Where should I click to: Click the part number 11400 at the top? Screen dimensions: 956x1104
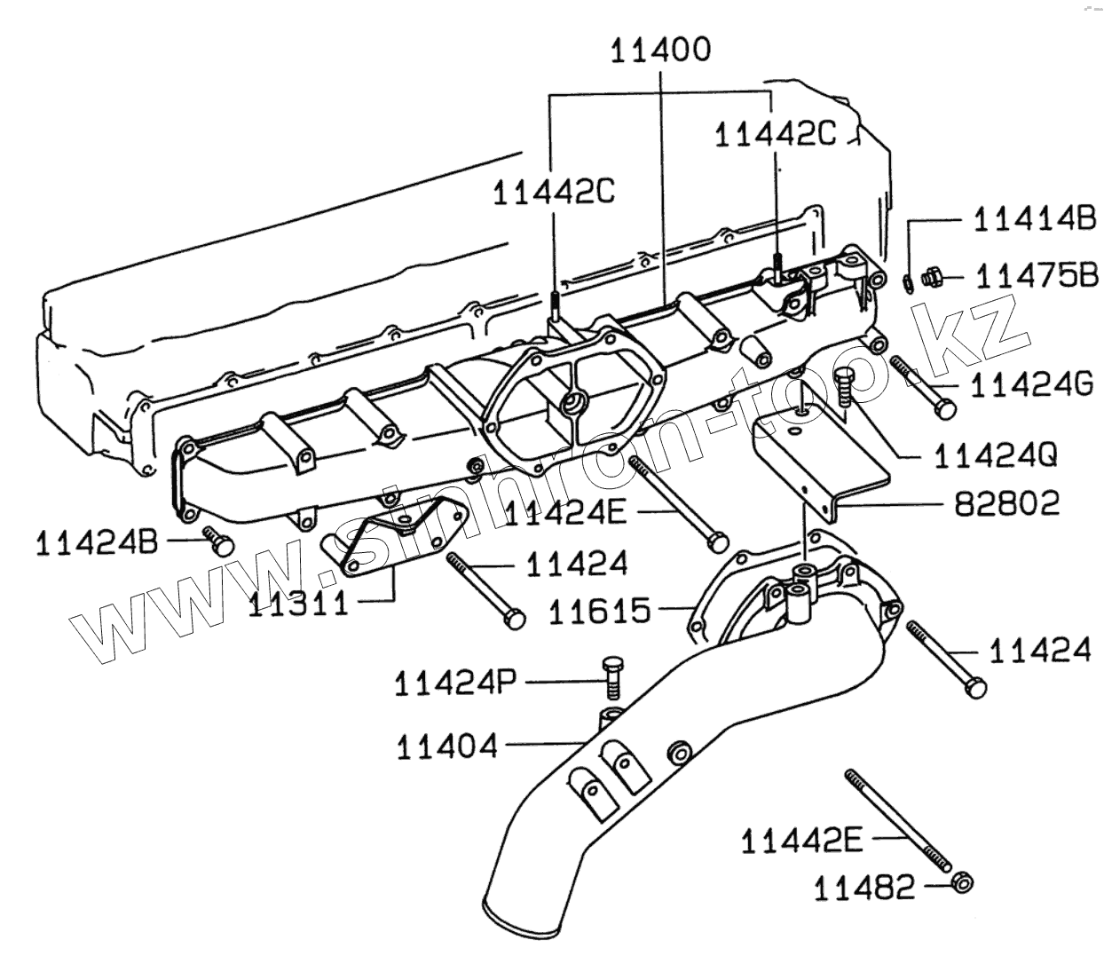[660, 51]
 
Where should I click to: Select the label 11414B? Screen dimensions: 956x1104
[1035, 218]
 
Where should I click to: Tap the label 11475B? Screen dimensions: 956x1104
[1037, 276]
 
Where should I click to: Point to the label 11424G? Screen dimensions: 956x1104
[1031, 384]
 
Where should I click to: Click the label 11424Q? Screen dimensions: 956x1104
[995, 455]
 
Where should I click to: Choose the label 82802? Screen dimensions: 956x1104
[1006, 503]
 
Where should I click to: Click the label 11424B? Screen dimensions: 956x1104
[98, 542]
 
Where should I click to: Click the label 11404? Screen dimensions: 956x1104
[447, 747]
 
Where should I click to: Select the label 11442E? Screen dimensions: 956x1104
[801, 840]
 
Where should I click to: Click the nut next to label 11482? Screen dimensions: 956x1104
[960, 883]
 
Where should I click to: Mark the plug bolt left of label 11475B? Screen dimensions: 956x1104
[932, 279]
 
